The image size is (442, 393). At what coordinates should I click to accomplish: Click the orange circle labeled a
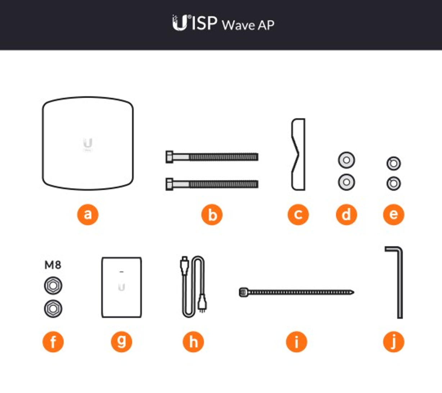coord(88,214)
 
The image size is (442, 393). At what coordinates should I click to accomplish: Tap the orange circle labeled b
coord(212,214)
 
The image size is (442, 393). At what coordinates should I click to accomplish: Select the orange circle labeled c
coord(298,214)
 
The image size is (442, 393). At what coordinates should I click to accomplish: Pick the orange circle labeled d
coord(347,214)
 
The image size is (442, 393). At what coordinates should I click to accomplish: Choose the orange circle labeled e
coord(393,214)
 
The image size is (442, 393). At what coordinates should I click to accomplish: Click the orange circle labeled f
coord(53,342)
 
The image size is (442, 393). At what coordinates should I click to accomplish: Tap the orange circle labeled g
coord(122,342)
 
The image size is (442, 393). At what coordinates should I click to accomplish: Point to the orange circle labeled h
coord(193,342)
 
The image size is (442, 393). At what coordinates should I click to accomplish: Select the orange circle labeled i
coord(297,342)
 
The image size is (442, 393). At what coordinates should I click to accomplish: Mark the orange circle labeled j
coord(393,342)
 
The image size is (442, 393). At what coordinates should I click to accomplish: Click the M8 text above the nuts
coord(53,265)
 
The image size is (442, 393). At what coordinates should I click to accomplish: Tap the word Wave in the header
coord(239,25)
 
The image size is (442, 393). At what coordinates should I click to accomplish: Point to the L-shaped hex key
coord(400,284)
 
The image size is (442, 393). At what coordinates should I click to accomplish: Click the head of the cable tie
coord(244,292)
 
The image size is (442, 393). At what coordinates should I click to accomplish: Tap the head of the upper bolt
coord(170,157)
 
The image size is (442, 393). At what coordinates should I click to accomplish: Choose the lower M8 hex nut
coord(53,308)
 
